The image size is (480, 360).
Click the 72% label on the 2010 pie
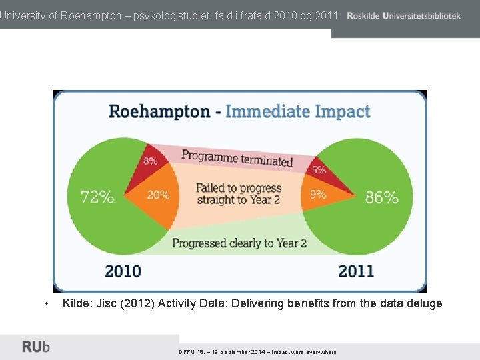coord(97,197)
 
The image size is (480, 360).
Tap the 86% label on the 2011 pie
coord(381,197)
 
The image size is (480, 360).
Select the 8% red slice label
coord(150,161)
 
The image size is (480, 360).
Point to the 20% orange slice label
coord(158,195)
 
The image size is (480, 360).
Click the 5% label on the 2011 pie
coord(319,170)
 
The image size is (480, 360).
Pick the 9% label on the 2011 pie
coord(318,195)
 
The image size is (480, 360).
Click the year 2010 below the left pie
coord(123,271)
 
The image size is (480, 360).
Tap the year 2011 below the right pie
coord(356,271)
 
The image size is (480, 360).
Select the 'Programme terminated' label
coord(237,159)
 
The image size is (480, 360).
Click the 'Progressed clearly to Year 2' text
coord(239,243)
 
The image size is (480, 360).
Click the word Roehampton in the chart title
coord(159,111)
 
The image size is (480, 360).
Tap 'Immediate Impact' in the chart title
coord(297,111)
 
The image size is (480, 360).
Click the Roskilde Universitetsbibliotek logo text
coord(403,15)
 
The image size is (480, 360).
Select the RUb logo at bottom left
coord(36,347)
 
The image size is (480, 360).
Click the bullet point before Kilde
coord(45,304)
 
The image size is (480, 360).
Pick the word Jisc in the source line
coord(107,303)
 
